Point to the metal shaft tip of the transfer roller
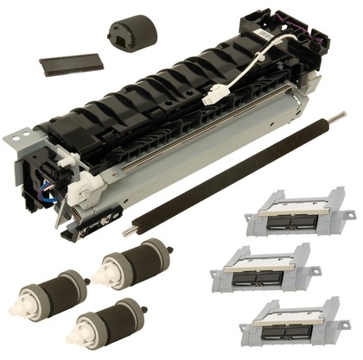point(129,231)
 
